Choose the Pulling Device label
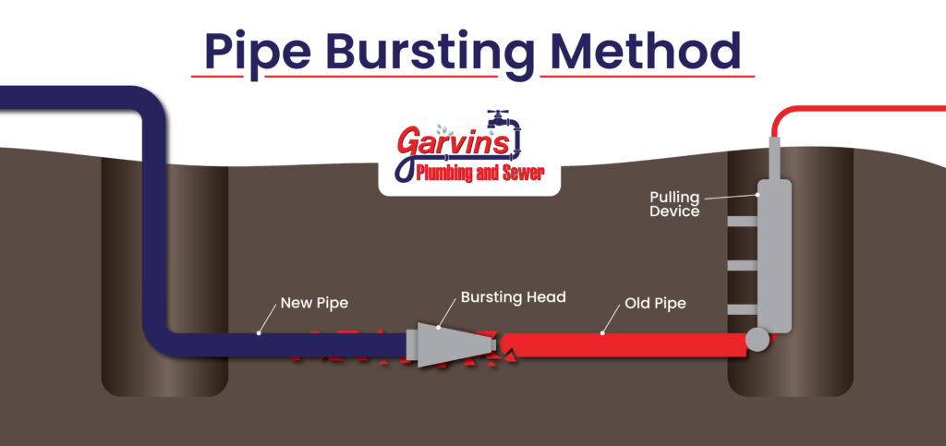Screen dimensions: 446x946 coord(673,204)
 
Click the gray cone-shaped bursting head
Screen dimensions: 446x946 coord(452,344)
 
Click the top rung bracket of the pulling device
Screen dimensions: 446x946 coord(741,223)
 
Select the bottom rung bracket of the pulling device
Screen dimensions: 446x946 coord(741,308)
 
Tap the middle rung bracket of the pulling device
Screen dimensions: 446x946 coord(741,266)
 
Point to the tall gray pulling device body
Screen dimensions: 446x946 coord(774,249)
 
